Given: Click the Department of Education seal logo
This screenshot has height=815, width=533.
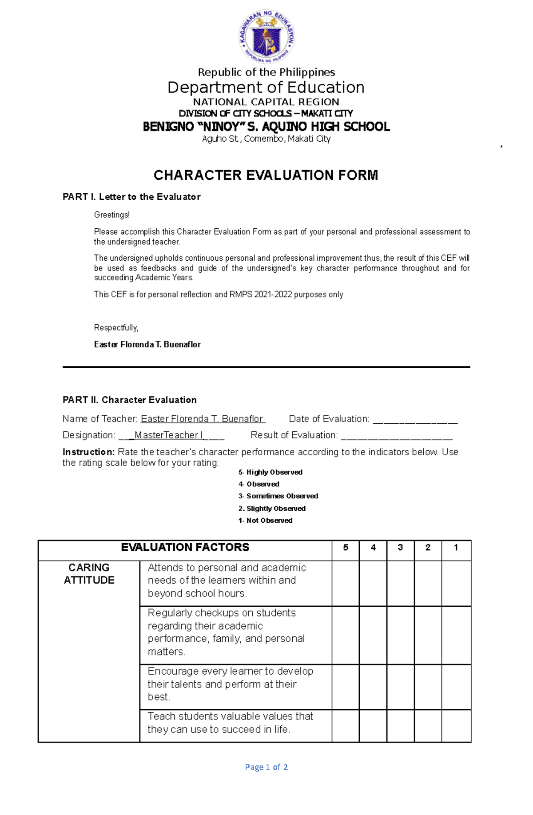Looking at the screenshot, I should click(266, 36).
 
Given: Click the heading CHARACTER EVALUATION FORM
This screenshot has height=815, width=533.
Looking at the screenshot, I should click(266, 175).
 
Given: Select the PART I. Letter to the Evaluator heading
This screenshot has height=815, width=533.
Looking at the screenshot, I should click(131, 197).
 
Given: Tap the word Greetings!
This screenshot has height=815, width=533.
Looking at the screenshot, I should click(112, 215).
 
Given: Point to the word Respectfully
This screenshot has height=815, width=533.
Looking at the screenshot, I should click(116, 328).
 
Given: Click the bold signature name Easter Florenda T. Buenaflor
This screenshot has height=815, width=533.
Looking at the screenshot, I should click(147, 345).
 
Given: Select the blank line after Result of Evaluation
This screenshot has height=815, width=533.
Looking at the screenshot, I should click(396, 436).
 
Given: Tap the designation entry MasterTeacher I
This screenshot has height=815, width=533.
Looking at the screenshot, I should click(168, 435).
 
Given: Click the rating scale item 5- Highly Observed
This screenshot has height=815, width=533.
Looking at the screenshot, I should click(270, 472).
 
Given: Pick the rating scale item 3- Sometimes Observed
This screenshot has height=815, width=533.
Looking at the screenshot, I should click(278, 496).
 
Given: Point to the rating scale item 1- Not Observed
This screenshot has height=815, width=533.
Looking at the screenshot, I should click(265, 521).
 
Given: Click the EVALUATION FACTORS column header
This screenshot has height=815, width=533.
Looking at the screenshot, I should click(185, 548).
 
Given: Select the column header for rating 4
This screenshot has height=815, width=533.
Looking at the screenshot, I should click(373, 548).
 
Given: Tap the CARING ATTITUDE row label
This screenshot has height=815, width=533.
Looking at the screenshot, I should click(89, 574).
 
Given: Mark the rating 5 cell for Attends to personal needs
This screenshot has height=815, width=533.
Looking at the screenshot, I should click(345, 583).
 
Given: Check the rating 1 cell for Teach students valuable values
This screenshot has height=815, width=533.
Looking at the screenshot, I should click(456, 726).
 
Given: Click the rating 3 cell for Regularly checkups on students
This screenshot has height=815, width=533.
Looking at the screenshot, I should click(400, 635).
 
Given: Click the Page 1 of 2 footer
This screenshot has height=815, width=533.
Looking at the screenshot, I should click(266, 767).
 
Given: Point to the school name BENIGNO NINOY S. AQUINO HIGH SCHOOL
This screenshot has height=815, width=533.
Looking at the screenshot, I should click(266, 127).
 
